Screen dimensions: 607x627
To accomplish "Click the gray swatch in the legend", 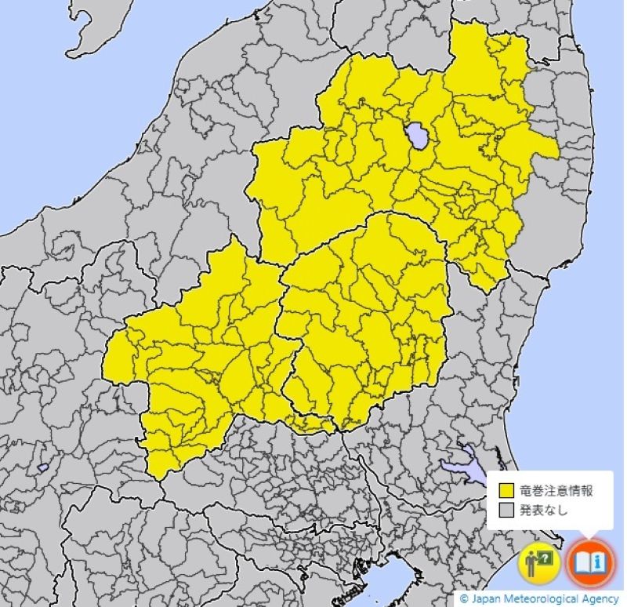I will (506, 511).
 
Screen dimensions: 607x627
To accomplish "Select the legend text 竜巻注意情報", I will (556, 492).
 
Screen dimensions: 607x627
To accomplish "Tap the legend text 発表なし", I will (543, 511).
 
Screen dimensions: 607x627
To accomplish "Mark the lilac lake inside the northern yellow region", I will (417, 136).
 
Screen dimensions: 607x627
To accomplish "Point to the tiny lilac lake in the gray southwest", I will (42, 467).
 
